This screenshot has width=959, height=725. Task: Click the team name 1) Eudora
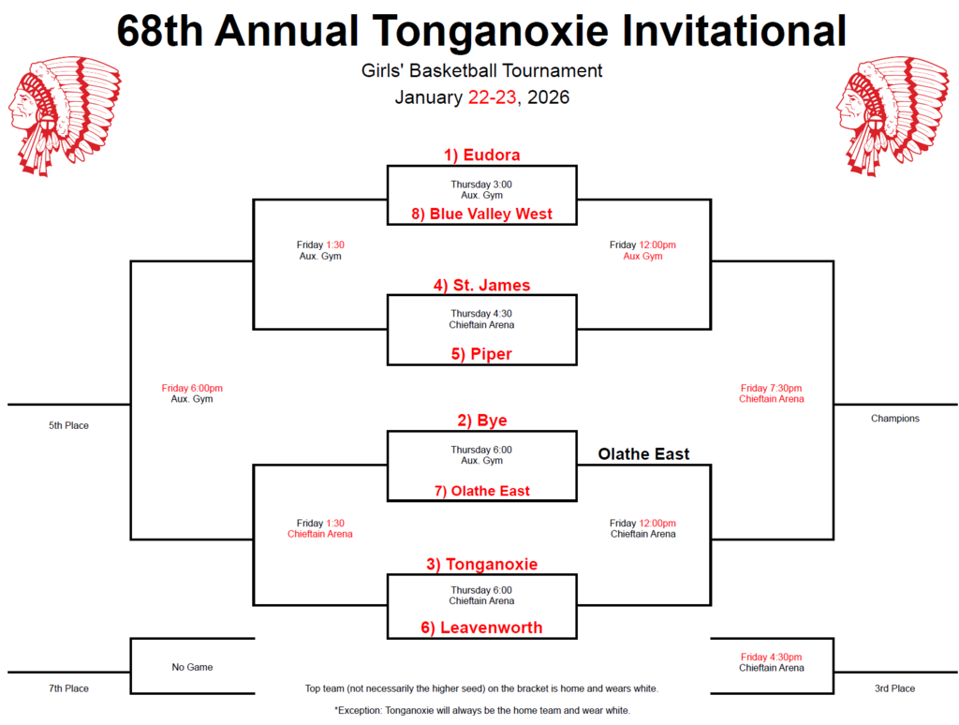[481, 155]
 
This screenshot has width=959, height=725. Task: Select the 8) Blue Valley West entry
[481, 214]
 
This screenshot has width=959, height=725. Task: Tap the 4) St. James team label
[481, 285]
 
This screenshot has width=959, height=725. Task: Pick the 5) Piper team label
[481, 354]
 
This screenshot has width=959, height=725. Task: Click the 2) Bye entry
[481, 421]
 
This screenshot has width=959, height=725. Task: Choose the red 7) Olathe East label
[481, 491]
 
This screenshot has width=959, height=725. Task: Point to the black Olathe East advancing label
[644, 454]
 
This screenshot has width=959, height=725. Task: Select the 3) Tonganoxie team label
[481, 564]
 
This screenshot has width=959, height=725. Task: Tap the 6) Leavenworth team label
[481, 628]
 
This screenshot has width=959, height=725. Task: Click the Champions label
[894, 419]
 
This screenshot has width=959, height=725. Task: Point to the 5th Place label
[68, 425]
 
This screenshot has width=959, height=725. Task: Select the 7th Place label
[68, 688]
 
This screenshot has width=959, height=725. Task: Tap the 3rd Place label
[894, 688]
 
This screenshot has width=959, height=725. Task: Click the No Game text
[192, 667]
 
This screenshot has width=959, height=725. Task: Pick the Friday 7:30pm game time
[771, 388]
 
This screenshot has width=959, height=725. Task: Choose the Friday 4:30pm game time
[771, 657]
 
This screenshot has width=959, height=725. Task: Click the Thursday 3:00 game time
[481, 185]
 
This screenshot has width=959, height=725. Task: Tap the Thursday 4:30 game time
[481, 314]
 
